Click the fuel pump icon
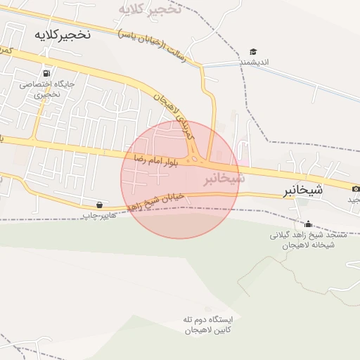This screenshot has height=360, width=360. click(46, 73)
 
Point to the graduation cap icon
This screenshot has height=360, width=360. click(253, 51)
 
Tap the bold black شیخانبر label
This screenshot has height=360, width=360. click(303, 190)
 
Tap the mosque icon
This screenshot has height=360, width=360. click(307, 224)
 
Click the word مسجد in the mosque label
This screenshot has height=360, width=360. click(333, 236)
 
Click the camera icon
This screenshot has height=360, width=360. click(356, 188)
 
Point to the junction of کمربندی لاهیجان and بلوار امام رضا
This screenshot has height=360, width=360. click(195, 159)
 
